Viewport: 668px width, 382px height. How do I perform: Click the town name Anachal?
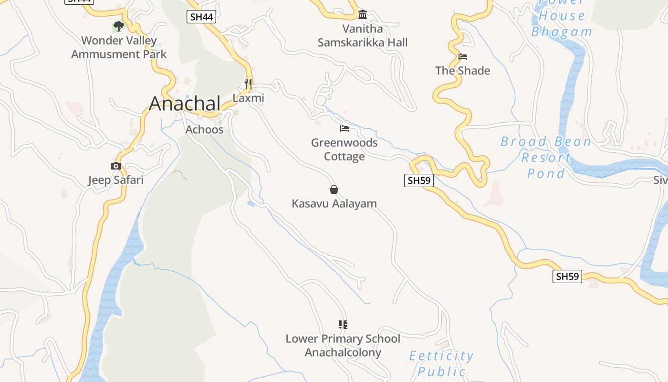185,104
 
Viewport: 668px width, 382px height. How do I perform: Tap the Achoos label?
204,129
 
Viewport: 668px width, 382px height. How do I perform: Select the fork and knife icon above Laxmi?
248,84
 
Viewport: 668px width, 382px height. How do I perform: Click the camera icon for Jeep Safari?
115,166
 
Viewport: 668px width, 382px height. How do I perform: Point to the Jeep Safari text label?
115,180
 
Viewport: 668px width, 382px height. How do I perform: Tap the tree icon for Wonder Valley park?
118,26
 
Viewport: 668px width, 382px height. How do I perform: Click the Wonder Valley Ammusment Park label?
119,47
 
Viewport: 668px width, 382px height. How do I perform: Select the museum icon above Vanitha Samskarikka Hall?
363,15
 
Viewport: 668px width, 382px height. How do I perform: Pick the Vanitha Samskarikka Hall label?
363,36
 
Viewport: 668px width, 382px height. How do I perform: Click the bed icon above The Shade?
462,57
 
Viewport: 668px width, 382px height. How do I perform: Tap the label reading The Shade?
462,71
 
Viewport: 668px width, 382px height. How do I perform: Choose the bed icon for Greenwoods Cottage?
344,128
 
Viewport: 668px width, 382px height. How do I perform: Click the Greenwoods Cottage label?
344,149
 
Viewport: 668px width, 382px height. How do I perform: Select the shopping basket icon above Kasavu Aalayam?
334,190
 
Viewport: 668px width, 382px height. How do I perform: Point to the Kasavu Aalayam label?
334,203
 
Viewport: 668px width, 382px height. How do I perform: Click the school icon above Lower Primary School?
343,325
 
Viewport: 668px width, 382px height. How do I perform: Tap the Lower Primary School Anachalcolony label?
343,346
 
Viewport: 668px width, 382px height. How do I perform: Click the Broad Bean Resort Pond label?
546,158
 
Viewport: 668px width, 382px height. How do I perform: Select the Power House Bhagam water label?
562,19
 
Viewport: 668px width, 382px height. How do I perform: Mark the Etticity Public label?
441,363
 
